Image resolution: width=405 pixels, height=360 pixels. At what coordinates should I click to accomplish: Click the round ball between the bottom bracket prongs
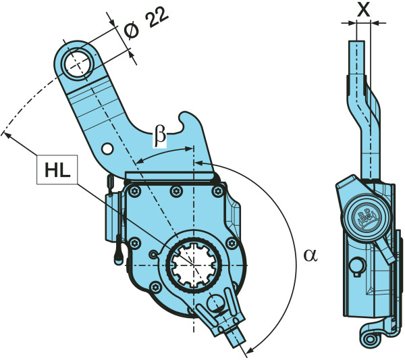coord(216,303)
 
